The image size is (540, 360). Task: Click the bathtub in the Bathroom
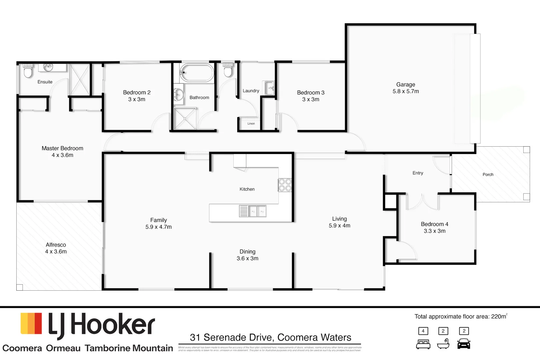pyautogui.click(x=197, y=73)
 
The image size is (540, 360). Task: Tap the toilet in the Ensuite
pyautogui.click(x=28, y=71)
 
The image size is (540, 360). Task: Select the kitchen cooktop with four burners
pyautogui.click(x=285, y=185)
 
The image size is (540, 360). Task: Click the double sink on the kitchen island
pyautogui.click(x=257, y=211)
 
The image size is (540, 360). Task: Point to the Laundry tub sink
pyautogui.click(x=269, y=88)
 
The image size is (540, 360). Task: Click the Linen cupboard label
pyautogui.click(x=251, y=124)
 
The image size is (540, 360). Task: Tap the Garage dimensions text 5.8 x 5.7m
pyautogui.click(x=406, y=91)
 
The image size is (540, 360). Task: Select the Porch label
pyautogui.click(x=488, y=175)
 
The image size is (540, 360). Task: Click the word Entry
pyautogui.click(x=418, y=173)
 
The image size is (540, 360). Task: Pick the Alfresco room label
pyautogui.click(x=56, y=245)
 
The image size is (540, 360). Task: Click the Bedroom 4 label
pyautogui.click(x=434, y=224)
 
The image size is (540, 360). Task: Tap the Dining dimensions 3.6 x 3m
pyautogui.click(x=247, y=259)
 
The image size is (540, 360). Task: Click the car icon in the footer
pyautogui.click(x=464, y=344)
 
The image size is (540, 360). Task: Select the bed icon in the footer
pyautogui.click(x=423, y=344)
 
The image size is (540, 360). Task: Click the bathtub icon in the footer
pyautogui.click(x=443, y=344)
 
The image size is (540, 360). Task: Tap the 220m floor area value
pyautogui.click(x=499, y=317)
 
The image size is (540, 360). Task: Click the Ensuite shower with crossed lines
pyautogui.click(x=80, y=79)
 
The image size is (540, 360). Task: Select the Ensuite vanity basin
pyautogui.click(x=48, y=68)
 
